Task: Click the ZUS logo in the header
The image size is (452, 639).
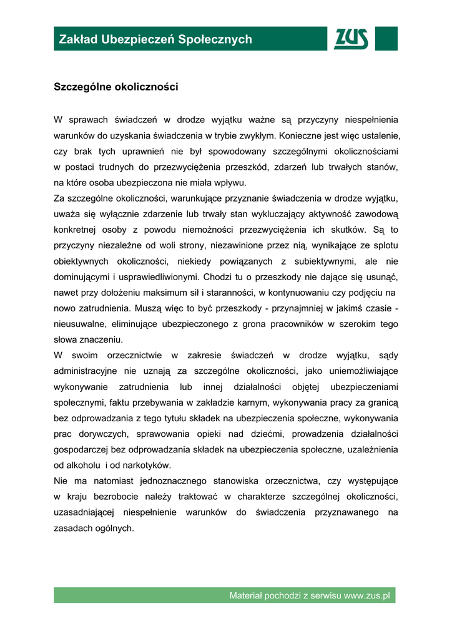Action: tap(351, 39)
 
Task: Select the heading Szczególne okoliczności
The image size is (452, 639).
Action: tap(116, 87)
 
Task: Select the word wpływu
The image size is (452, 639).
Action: tap(231, 183)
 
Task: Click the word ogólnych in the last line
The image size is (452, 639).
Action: tap(114, 528)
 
